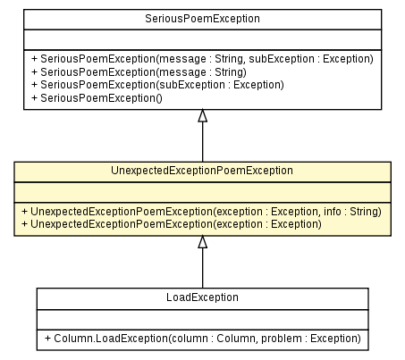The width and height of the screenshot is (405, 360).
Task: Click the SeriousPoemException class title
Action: click(x=202, y=18)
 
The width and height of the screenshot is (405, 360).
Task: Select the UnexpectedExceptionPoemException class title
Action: click(x=202, y=170)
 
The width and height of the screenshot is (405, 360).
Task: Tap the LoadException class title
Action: click(x=202, y=297)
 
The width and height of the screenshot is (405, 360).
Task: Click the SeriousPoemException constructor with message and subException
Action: click(x=201, y=58)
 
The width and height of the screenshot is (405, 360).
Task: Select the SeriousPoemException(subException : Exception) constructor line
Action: click(x=156, y=84)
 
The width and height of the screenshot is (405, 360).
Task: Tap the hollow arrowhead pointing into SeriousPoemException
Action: click(x=202, y=115)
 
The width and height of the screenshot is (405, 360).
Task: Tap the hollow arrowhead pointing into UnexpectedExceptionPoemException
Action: click(x=202, y=242)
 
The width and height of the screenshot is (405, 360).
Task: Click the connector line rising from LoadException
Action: click(x=202, y=268)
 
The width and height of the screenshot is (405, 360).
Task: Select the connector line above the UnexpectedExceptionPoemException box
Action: click(x=202, y=141)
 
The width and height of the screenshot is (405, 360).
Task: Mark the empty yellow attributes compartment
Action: click(x=202, y=191)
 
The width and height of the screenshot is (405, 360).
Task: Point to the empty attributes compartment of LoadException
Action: click(x=202, y=318)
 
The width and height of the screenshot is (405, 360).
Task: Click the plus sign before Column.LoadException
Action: click(x=46, y=339)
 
